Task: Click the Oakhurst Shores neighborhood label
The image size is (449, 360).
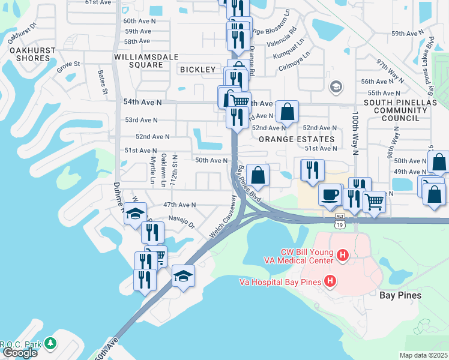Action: (29, 54)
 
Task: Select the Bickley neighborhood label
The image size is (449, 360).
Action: (196, 70)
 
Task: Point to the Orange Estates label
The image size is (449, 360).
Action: (288, 139)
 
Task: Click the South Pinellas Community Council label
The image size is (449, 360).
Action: (408, 110)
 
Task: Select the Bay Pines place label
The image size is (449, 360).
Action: (400, 295)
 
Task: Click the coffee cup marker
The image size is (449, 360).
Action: (330, 194)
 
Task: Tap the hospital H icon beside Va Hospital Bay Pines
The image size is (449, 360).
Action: (329, 281)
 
